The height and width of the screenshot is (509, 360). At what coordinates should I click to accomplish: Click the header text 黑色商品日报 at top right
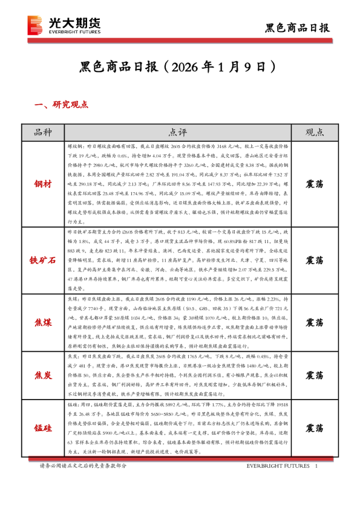[x=298, y=27]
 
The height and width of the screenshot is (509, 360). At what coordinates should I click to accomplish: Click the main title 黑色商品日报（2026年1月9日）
[x=180, y=65]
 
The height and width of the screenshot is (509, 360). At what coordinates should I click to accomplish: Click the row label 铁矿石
[x=43, y=261]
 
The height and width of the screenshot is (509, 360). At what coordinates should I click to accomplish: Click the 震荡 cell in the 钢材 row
[x=314, y=183]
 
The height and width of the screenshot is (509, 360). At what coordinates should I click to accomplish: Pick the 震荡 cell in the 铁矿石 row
[x=314, y=261]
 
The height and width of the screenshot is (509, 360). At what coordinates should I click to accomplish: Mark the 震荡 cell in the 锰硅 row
[x=314, y=429]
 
